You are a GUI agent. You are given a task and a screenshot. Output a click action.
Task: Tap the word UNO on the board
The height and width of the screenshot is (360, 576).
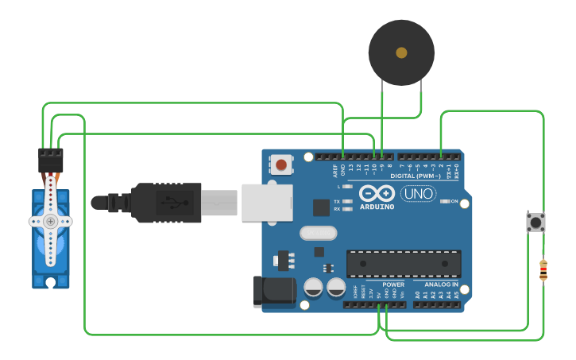[417, 193]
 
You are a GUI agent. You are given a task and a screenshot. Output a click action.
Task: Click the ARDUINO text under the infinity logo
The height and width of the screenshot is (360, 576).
[377, 207]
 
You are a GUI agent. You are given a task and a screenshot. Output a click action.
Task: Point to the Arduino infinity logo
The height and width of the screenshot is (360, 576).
[377, 193]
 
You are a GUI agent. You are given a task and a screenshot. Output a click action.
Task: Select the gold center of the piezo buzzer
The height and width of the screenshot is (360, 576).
[401, 52]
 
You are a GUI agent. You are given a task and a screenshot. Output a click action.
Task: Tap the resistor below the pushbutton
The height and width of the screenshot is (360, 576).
[543, 270]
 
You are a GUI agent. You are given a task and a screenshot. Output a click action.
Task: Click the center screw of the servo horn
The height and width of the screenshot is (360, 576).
[50, 221]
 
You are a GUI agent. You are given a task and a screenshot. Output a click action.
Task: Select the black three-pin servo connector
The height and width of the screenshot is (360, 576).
[51, 161]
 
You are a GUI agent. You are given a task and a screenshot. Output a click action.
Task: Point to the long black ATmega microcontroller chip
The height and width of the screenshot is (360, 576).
[404, 264]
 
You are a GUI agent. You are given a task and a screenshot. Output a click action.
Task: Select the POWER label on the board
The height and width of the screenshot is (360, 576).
[392, 284]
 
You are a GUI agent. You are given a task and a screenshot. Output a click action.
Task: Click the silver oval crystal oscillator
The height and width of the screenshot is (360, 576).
[319, 233]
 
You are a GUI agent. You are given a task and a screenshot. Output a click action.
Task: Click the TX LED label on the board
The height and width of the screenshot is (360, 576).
[337, 202]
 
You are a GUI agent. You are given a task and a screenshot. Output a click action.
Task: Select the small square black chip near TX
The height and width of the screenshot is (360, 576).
[321, 207]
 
